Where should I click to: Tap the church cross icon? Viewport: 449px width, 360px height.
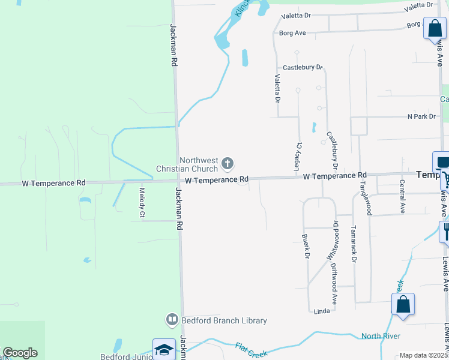coord(227,163)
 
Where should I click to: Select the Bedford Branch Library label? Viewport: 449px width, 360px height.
coord(224,321)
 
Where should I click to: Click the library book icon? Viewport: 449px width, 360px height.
coord(172,320)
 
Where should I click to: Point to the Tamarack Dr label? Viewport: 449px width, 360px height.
coord(354,244)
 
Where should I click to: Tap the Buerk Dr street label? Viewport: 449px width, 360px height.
coord(306,247)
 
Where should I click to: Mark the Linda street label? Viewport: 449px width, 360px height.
coord(322,311)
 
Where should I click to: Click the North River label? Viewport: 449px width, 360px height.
coord(381,336)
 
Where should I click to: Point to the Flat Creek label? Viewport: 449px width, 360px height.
coord(251,350)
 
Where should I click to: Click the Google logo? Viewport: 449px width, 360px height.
coord(20,353)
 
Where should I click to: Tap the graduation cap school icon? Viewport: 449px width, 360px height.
coord(163,350)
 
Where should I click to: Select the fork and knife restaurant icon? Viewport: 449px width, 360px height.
coord(445,230)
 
